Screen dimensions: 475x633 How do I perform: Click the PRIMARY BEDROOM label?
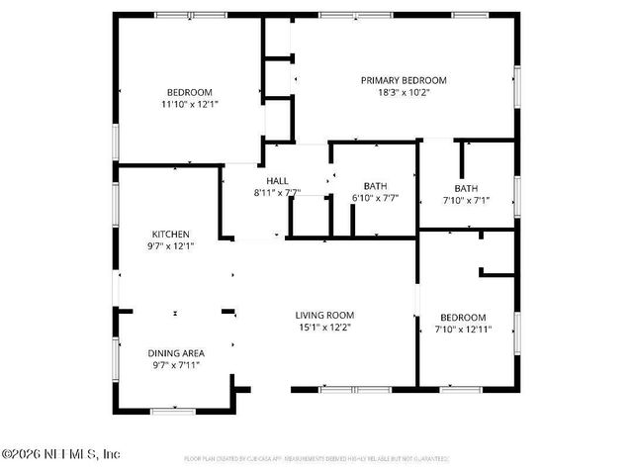(404, 80)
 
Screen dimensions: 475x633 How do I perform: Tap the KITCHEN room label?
(170, 235)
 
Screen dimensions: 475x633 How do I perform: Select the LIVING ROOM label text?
(324, 315)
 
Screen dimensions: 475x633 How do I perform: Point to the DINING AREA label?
(175, 353)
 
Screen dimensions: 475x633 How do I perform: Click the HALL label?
(277, 181)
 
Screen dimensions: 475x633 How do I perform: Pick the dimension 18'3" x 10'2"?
(404, 93)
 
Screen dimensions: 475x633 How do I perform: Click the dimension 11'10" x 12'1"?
(190, 103)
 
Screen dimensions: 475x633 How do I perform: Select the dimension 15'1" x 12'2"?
(324, 327)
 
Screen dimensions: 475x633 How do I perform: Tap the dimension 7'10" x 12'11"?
(464, 330)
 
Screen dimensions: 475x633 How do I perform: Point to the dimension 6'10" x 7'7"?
(375, 197)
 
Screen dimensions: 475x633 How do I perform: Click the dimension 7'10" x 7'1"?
(466, 200)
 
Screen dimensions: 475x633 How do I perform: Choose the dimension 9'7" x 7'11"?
(175, 365)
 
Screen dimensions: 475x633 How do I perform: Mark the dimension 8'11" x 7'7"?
(277, 193)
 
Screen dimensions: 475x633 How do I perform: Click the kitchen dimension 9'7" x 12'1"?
(170, 246)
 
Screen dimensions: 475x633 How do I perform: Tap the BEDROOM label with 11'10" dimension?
(190, 91)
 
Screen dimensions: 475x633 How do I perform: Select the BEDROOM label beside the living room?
(464, 318)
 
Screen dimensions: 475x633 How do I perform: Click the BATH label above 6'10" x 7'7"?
(375, 185)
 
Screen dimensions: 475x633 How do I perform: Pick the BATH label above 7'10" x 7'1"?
(466, 188)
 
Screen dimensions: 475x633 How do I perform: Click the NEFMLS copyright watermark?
(60, 454)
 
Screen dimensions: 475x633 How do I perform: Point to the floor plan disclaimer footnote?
(316, 459)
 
